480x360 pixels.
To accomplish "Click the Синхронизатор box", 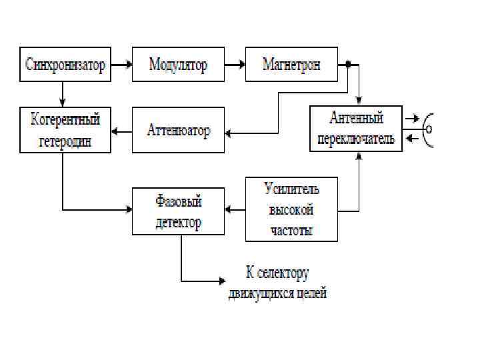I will (65, 65).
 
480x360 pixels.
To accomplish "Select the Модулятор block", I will (178, 65).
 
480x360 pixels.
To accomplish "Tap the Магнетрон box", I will (291, 65).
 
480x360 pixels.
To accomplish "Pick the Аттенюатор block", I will (178, 131).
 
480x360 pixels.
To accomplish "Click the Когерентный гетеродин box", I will (65, 131).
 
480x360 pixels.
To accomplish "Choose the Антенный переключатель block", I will (356, 129).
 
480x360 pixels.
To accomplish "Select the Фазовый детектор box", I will (178, 211).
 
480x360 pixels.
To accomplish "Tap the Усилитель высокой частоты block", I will (291, 209).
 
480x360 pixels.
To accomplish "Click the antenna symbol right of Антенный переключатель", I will (429, 128).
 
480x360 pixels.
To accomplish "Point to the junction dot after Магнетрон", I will (348, 65).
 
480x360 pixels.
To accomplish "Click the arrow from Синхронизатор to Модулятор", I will (121, 65).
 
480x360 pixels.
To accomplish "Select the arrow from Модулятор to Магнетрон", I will (234, 65).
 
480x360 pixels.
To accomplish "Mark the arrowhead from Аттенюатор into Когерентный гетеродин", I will (114, 131).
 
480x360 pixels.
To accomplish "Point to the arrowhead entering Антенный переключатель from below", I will (359, 156).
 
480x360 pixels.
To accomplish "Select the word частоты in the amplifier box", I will (291, 230).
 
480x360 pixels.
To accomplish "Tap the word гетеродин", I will (65, 141).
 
